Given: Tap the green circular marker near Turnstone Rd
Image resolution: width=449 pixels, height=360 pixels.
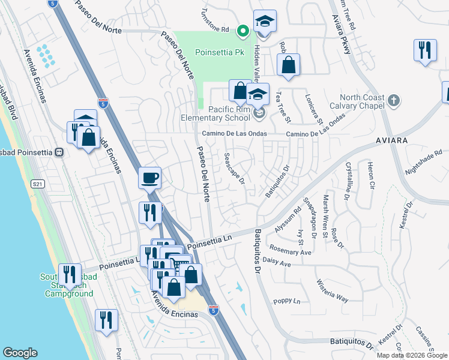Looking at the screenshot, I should coord(243,29).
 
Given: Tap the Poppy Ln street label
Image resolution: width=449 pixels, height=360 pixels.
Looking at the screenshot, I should coord(286,301).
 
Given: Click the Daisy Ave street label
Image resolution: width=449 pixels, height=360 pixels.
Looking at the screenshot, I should coord(277,264).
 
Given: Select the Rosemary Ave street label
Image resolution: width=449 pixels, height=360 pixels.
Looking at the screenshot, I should coord(291,252).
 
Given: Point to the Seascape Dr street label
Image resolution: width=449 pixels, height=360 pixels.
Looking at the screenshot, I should coord(235,168).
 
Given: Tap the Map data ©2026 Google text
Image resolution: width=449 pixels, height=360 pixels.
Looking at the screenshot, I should coord(412,355).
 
